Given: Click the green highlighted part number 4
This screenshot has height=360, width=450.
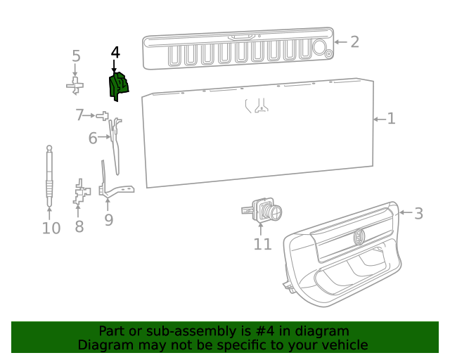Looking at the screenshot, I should click(x=118, y=86).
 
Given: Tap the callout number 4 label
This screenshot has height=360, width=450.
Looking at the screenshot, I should click(x=115, y=53).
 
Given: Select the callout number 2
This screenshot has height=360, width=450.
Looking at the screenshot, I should click(x=354, y=41).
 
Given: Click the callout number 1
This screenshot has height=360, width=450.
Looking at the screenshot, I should click(x=391, y=119).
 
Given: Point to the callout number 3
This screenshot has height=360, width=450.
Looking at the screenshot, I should click(x=418, y=213).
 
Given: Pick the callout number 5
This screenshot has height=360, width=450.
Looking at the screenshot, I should click(x=76, y=56).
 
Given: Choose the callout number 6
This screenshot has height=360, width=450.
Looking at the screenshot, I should click(x=93, y=139).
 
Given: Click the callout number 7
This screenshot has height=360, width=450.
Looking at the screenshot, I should click(x=80, y=115).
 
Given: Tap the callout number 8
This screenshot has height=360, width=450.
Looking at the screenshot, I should click(x=79, y=226).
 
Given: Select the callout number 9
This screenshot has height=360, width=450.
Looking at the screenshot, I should click(x=108, y=220).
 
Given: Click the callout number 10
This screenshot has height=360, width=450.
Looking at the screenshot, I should click(x=51, y=228).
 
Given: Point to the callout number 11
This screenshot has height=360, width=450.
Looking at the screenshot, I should click(x=262, y=244).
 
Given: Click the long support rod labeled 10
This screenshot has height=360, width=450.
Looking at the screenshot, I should click(x=49, y=176).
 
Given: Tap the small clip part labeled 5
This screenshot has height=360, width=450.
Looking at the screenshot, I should click(x=75, y=85).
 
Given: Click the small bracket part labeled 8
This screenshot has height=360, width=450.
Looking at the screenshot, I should click(x=81, y=193).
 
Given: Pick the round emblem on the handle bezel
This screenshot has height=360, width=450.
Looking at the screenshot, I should click(x=359, y=237).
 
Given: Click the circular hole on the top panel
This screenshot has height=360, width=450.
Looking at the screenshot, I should click(x=318, y=48).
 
